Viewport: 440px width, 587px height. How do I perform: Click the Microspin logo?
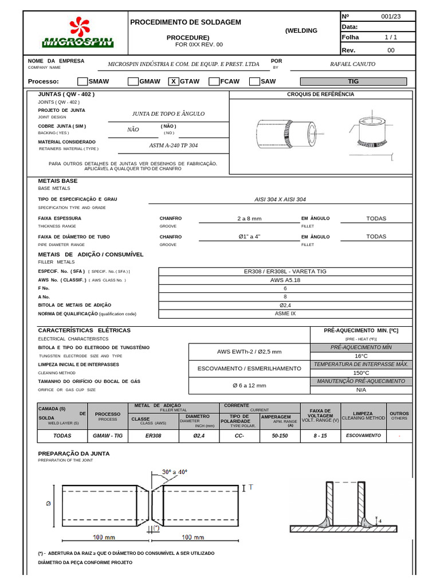78,34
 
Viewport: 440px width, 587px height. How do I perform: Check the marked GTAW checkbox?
174,81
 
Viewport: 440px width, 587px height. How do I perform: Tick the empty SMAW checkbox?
82,81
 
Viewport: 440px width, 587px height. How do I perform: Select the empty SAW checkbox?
254,81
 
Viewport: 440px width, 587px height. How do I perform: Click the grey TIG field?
353,81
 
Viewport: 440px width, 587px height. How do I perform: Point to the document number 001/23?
391,17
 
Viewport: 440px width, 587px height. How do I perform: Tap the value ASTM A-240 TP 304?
173,146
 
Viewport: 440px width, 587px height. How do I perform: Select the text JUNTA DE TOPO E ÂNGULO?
168,114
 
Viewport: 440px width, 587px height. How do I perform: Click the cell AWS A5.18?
285,280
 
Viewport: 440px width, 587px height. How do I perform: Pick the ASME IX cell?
285,314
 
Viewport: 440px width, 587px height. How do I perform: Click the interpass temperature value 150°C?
361,373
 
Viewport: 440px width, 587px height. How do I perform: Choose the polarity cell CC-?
239,436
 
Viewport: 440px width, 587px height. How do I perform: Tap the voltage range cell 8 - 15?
320,436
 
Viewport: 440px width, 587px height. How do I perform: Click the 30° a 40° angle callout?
174,472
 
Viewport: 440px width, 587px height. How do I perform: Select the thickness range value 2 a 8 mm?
249,218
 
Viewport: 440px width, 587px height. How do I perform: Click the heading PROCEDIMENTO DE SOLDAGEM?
186,22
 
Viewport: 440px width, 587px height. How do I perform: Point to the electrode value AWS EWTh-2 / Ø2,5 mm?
249,351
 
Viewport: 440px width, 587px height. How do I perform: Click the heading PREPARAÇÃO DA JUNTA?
73,453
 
